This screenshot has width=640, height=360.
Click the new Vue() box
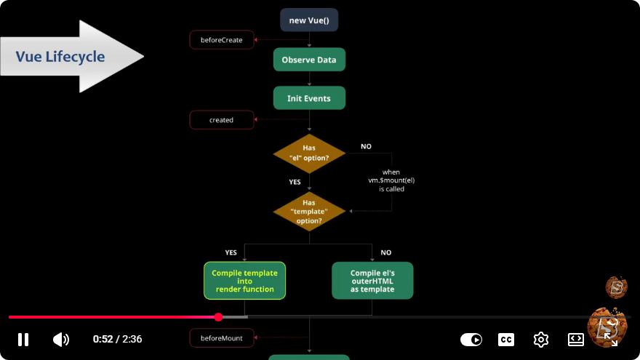[x=309, y=20]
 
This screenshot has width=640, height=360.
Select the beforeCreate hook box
[x=222, y=40]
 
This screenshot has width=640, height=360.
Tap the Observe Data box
[x=309, y=60]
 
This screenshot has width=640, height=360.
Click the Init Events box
[x=309, y=98]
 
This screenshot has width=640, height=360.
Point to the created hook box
[x=222, y=120]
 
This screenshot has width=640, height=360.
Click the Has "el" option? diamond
[x=309, y=153]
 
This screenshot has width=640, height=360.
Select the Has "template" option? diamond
[x=309, y=212]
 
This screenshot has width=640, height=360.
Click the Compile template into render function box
[x=244, y=281]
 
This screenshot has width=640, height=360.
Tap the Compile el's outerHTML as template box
[x=372, y=281]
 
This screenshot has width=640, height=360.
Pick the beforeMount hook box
[x=222, y=338]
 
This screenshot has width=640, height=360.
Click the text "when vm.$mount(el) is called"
[x=391, y=180]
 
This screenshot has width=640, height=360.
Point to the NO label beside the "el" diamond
[x=366, y=146]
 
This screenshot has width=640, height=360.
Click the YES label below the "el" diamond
[x=295, y=182]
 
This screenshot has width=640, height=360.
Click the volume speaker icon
[x=61, y=339]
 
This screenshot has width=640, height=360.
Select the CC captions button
[x=506, y=339]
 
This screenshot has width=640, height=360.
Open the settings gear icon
[x=541, y=339]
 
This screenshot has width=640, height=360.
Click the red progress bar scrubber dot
[x=218, y=317]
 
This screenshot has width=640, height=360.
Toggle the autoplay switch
[x=471, y=339]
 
